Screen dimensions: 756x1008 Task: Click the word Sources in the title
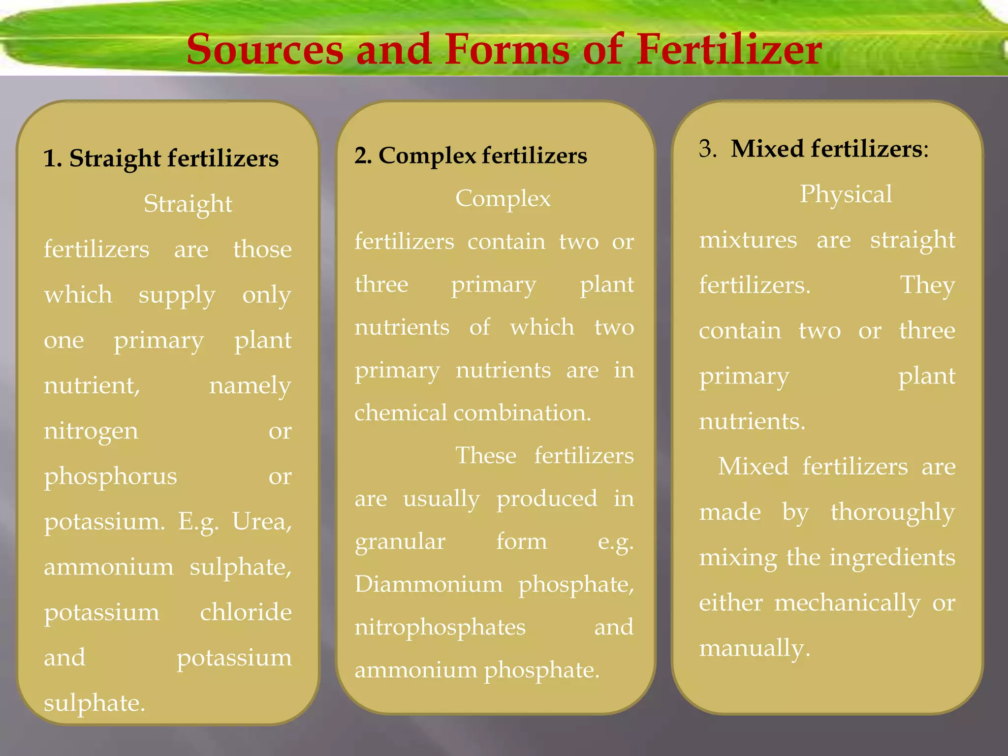click(265, 50)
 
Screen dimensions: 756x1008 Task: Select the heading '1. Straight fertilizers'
click(161, 158)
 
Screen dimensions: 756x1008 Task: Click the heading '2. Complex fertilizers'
click(471, 156)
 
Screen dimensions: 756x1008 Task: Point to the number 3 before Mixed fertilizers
click(707, 148)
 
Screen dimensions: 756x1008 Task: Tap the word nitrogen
click(91, 431)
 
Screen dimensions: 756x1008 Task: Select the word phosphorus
click(110, 476)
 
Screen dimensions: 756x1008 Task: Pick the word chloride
click(246, 612)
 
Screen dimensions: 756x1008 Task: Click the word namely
click(250, 386)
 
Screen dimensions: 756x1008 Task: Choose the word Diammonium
click(429, 584)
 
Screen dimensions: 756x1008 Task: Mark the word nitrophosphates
click(440, 628)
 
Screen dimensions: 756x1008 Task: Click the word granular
click(400, 542)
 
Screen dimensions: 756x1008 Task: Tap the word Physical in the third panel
click(846, 194)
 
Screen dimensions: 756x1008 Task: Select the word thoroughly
click(893, 512)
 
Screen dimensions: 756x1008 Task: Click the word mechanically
click(847, 603)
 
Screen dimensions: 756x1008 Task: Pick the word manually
click(754, 648)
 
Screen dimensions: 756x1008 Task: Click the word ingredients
click(892, 558)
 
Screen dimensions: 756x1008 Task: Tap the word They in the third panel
click(927, 285)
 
